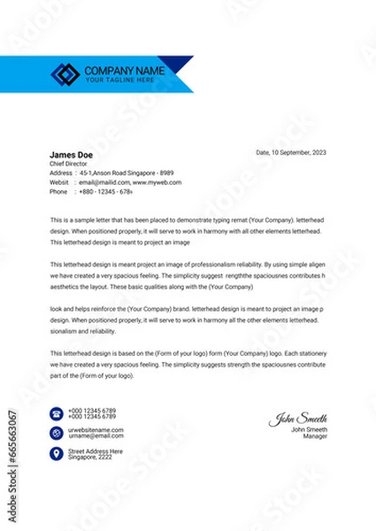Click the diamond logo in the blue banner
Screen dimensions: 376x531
click(x=66, y=73)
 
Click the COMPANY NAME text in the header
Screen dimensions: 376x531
click(x=124, y=69)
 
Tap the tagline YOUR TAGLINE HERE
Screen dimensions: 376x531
click(x=119, y=80)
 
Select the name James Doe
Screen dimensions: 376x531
click(x=68, y=154)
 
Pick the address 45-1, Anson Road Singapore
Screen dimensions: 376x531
click(x=115, y=173)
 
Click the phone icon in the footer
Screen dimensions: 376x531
click(x=56, y=413)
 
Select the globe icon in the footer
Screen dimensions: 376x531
click(x=56, y=433)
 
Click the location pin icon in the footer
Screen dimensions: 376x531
click(x=56, y=453)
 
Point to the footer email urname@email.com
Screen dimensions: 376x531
click(x=95, y=435)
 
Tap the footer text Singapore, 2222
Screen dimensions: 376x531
click(x=91, y=456)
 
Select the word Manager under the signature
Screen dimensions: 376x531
click(x=315, y=436)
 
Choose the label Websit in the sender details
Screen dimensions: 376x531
click(x=59, y=182)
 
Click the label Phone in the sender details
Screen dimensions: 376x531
click(x=58, y=191)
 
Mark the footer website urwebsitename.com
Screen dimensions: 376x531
click(x=96, y=429)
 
